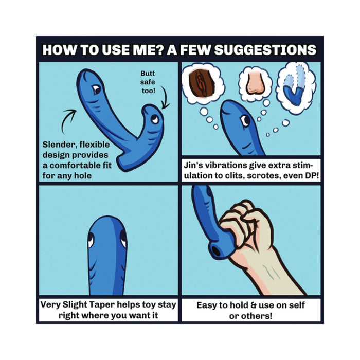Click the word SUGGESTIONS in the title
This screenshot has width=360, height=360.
click(x=265, y=50)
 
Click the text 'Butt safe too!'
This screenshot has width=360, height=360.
click(x=148, y=82)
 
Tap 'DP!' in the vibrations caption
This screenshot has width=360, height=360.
click(x=312, y=176)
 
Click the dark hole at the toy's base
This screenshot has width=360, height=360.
click(x=216, y=251)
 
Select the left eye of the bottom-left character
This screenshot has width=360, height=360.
click(x=91, y=240)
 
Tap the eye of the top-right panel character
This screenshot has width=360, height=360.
click(x=245, y=120)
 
